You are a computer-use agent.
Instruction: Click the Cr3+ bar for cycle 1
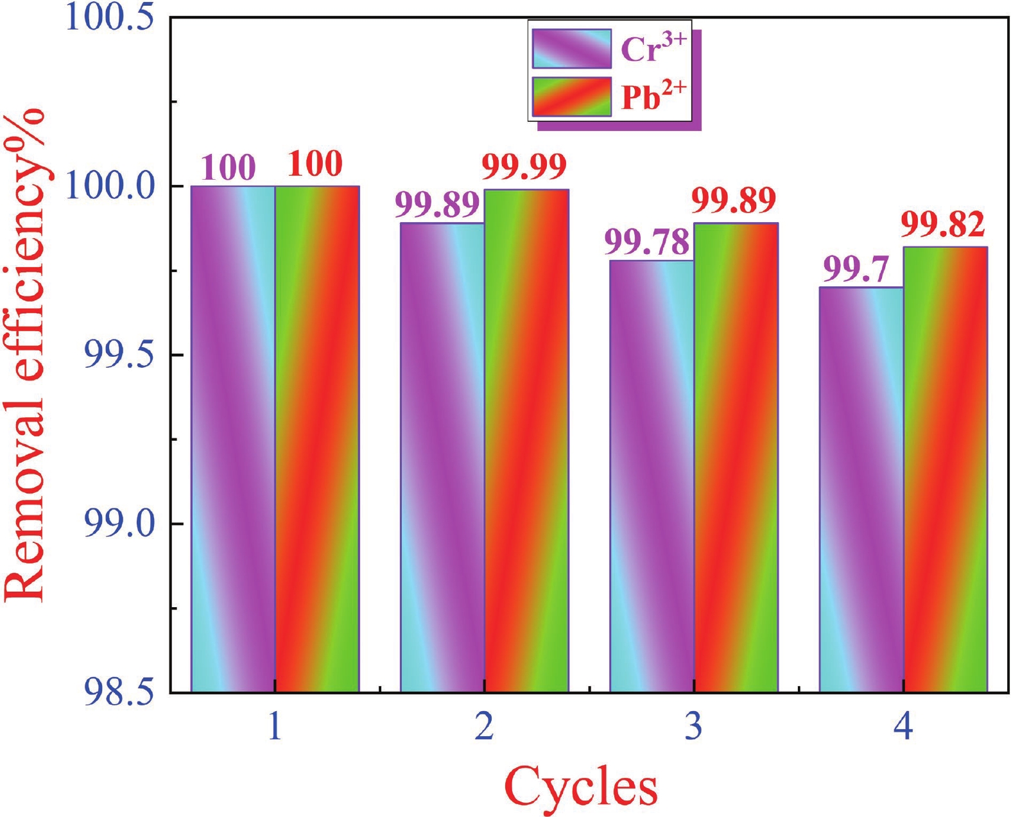pyautogui.click(x=233, y=439)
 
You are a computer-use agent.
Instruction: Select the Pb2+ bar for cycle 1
pyautogui.click(x=317, y=439)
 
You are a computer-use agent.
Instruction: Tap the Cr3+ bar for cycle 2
pyautogui.click(x=442, y=457)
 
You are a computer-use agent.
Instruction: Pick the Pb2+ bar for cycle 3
pyautogui.click(x=736, y=457)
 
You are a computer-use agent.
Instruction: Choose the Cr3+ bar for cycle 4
pyautogui.click(x=861, y=489)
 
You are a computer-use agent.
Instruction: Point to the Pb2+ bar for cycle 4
pyautogui.click(x=945, y=469)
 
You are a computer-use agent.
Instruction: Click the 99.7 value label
pyautogui.click(x=856, y=270)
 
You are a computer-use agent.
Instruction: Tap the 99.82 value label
pyautogui.click(x=942, y=225)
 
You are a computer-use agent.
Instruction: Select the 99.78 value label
pyautogui.click(x=647, y=243)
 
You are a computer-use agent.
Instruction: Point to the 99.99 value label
pyautogui.click(x=524, y=168)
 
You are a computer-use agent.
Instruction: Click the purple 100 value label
pyautogui.click(x=228, y=168)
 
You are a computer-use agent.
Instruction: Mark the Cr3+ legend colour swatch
pyautogui.click(x=571, y=49)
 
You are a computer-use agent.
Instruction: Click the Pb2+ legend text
pyautogui.click(x=653, y=97)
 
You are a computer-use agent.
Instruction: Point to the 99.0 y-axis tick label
pyautogui.click(x=119, y=524)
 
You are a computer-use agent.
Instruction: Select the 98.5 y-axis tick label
pyautogui.click(x=119, y=692)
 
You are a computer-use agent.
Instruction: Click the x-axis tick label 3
pyautogui.click(x=693, y=727)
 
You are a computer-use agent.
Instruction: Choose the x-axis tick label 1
pyautogui.click(x=275, y=727)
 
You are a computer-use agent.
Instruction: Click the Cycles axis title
pyautogui.click(x=581, y=786)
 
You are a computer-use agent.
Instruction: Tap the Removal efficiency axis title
pyautogui.click(x=26, y=356)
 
